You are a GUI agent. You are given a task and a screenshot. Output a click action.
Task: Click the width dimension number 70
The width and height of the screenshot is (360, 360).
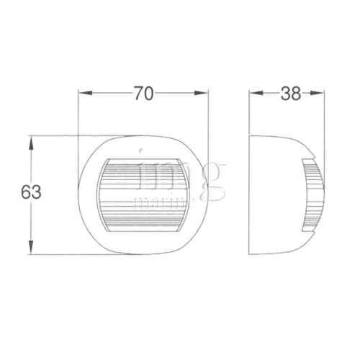[143, 94]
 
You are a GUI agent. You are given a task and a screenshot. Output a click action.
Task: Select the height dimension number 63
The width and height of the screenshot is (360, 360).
[30, 192]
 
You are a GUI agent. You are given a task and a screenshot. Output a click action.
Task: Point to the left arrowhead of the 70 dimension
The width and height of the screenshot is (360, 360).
[83, 94]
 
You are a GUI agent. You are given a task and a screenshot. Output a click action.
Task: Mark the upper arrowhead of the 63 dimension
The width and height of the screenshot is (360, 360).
[30, 141]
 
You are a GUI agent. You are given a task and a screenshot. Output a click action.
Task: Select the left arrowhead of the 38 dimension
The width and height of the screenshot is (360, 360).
[253, 94]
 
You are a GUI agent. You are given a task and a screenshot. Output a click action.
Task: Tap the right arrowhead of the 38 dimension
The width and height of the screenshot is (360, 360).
[318, 94]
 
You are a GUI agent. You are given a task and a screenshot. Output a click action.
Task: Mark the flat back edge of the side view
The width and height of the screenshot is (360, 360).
[249, 194]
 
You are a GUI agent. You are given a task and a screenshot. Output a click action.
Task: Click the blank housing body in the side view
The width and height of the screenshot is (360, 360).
[277, 194]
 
